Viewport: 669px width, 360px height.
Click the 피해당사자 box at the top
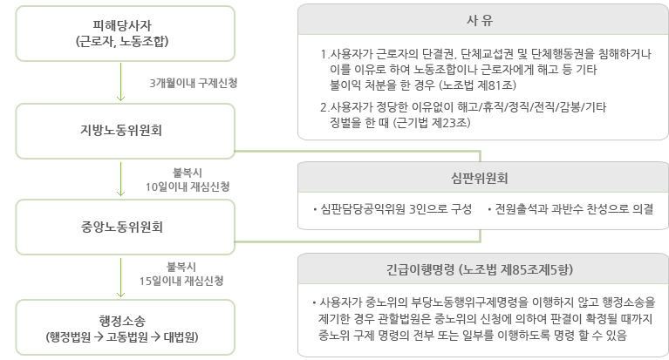[125, 33]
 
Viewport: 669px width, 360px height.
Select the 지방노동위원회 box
[125, 131]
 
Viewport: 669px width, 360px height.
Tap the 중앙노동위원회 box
[125, 227]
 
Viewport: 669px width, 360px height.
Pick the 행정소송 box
[125, 327]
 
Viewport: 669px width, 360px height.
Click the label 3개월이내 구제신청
[194, 83]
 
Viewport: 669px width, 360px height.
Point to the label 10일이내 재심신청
[188, 187]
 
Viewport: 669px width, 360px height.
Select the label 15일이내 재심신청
[181, 281]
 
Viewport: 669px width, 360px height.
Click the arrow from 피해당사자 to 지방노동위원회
[120, 82]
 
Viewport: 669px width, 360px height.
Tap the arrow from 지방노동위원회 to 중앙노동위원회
[120, 179]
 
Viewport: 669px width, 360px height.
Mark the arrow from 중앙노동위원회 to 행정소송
[120, 277]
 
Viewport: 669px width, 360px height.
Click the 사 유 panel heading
[480, 20]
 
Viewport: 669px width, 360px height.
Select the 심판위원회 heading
[480, 178]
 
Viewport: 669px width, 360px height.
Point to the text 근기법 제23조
[432, 123]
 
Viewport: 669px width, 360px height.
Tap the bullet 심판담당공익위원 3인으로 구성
[393, 209]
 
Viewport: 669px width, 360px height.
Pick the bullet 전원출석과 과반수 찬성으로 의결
[570, 209]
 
